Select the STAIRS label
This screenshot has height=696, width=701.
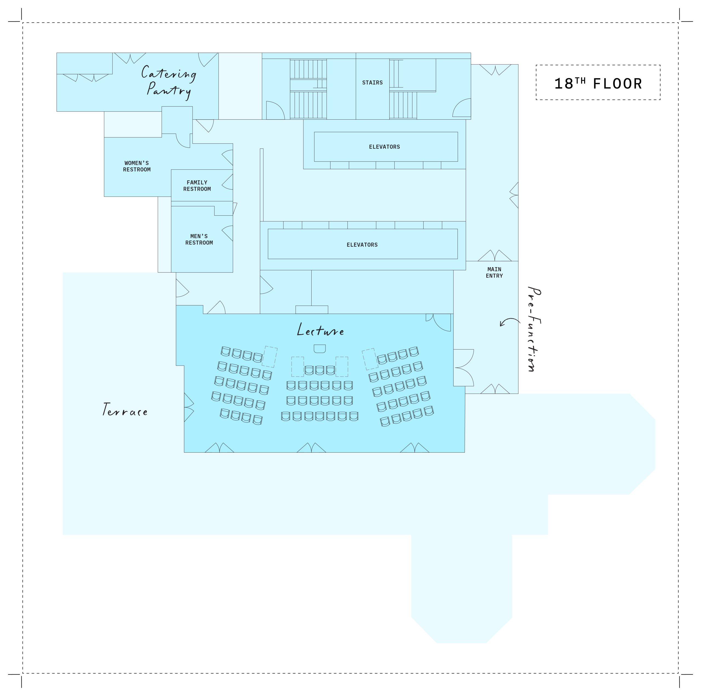(x=372, y=83)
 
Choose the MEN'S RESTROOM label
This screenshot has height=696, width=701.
(x=199, y=239)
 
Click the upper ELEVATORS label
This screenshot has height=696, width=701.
(x=384, y=147)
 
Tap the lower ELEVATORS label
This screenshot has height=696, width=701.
(x=362, y=245)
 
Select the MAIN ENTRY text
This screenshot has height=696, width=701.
(x=494, y=272)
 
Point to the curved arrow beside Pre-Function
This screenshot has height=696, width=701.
(x=509, y=322)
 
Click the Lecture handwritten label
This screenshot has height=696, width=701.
(x=320, y=330)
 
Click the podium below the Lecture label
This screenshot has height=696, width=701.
(x=319, y=348)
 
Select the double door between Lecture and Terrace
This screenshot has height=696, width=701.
(x=189, y=407)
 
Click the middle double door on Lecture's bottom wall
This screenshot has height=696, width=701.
(x=311, y=448)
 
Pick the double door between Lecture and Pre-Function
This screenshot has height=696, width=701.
(x=463, y=367)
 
